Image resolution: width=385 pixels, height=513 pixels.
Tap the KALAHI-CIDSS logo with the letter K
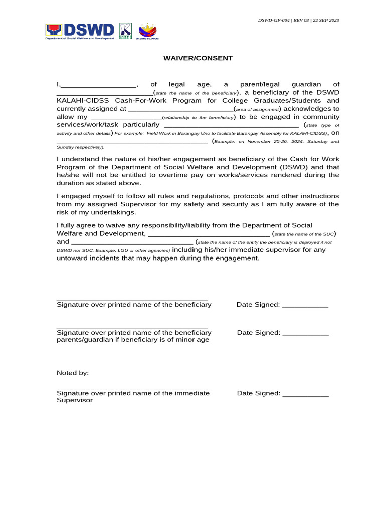(x=125, y=31)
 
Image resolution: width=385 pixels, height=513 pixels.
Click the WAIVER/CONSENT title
(x=198, y=58)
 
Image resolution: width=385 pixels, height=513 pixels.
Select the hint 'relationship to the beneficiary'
(x=198, y=117)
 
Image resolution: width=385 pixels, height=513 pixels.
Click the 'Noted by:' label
(x=73, y=373)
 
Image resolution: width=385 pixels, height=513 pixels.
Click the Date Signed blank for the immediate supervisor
(x=305, y=394)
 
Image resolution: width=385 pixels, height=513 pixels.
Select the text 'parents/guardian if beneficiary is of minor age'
(x=133, y=340)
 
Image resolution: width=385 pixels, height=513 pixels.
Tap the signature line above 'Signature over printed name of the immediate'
(x=132, y=388)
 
